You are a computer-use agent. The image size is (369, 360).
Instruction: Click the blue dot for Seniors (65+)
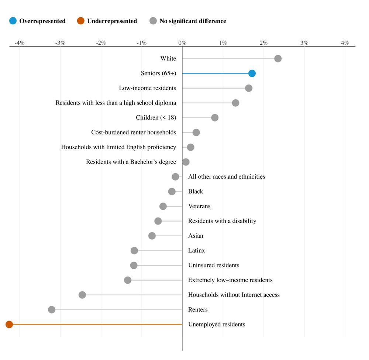pyautogui.click(x=252, y=73)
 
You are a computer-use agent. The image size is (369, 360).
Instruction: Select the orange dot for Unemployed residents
pyautogui.click(x=9, y=325)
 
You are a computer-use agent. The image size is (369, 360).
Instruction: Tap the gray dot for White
pyautogui.click(x=278, y=59)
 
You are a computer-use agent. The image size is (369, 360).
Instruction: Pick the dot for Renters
pyautogui.click(x=52, y=310)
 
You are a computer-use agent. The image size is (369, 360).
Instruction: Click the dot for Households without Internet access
pyautogui.click(x=82, y=295)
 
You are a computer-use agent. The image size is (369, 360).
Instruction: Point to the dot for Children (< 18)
pyautogui.click(x=215, y=118)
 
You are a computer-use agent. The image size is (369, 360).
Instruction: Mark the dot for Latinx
pyautogui.click(x=134, y=251)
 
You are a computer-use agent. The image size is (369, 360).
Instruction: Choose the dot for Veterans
pyautogui.click(x=163, y=206)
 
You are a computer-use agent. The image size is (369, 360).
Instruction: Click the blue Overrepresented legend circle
pyautogui.click(x=13, y=21)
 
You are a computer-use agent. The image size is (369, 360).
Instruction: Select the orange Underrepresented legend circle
pyautogui.click(x=81, y=21)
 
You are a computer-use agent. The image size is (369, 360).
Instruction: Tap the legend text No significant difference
pyautogui.click(x=193, y=21)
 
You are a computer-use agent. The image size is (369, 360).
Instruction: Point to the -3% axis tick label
pyautogui.click(x=60, y=43)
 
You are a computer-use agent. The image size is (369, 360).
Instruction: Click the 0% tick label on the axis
pyautogui.click(x=182, y=43)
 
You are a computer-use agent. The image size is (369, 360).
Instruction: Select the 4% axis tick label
pyautogui.click(x=345, y=43)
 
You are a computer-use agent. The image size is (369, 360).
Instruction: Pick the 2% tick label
pyautogui.click(x=263, y=43)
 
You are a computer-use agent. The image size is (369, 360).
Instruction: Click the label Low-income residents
pyautogui.click(x=148, y=88)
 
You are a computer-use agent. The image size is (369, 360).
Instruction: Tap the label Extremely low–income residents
pyautogui.click(x=230, y=280)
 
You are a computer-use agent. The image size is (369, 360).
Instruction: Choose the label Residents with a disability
pyautogui.click(x=222, y=221)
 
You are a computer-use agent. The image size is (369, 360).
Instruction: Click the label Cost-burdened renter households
pyautogui.click(x=134, y=133)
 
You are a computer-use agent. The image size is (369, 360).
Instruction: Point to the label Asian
pyautogui.click(x=196, y=236)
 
